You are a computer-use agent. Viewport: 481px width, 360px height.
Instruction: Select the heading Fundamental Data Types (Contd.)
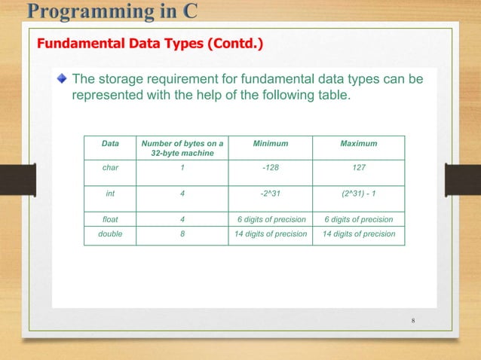(150, 44)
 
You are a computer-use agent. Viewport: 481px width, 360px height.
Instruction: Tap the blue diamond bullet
(62, 78)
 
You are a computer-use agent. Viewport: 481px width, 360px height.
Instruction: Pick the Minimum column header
(270, 143)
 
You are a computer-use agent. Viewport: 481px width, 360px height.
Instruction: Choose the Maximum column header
(359, 143)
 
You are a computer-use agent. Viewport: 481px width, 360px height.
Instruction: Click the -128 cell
(270, 169)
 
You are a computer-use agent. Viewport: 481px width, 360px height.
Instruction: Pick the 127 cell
(359, 169)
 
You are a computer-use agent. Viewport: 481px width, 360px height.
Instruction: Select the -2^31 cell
(270, 194)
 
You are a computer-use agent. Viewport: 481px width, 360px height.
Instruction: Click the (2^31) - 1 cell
(359, 194)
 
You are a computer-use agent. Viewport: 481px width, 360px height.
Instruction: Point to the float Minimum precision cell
(270, 219)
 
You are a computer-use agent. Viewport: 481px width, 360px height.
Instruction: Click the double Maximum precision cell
(359, 233)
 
